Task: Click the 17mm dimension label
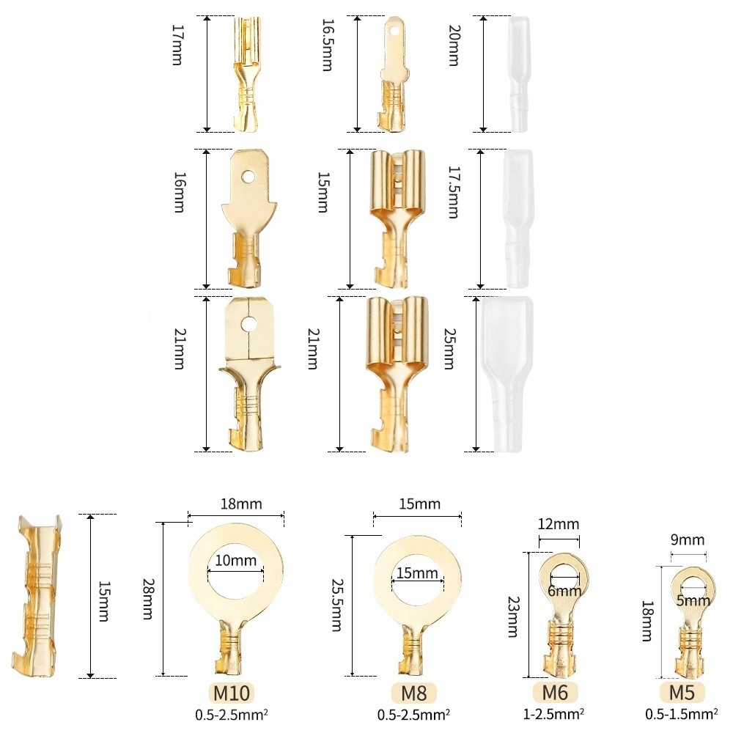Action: coord(177,45)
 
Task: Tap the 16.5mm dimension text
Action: coord(327,45)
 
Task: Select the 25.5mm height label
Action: coord(336,605)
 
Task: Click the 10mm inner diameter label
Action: coord(236,561)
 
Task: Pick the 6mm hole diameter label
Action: coord(564,591)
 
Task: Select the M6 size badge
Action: coord(555,692)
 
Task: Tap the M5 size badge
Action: coord(682,692)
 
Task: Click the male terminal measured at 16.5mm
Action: coord(391,77)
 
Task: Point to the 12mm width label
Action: coord(559,524)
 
